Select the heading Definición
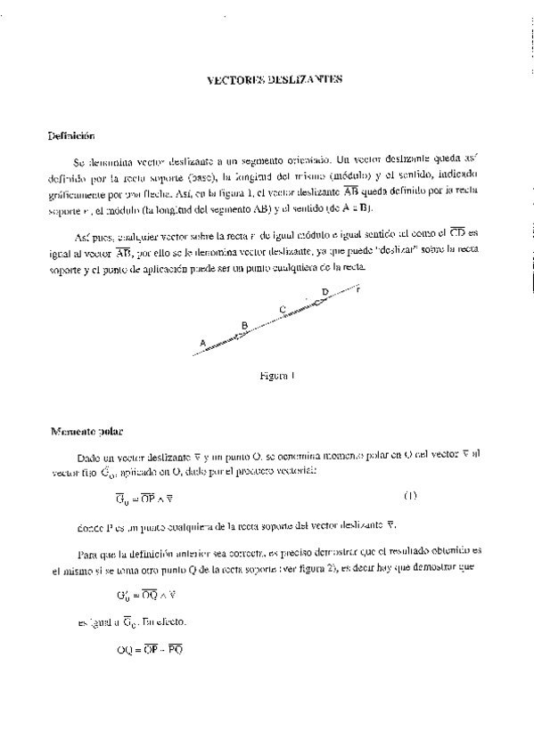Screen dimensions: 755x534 point(71,136)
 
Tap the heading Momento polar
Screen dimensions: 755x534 point(86,432)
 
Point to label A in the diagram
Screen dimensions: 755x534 point(203,342)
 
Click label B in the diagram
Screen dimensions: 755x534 point(244,325)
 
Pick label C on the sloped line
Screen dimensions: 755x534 point(282,309)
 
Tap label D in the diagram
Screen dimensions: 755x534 point(325,291)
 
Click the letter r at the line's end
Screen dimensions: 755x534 point(357,288)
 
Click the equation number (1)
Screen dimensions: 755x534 point(410,495)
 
